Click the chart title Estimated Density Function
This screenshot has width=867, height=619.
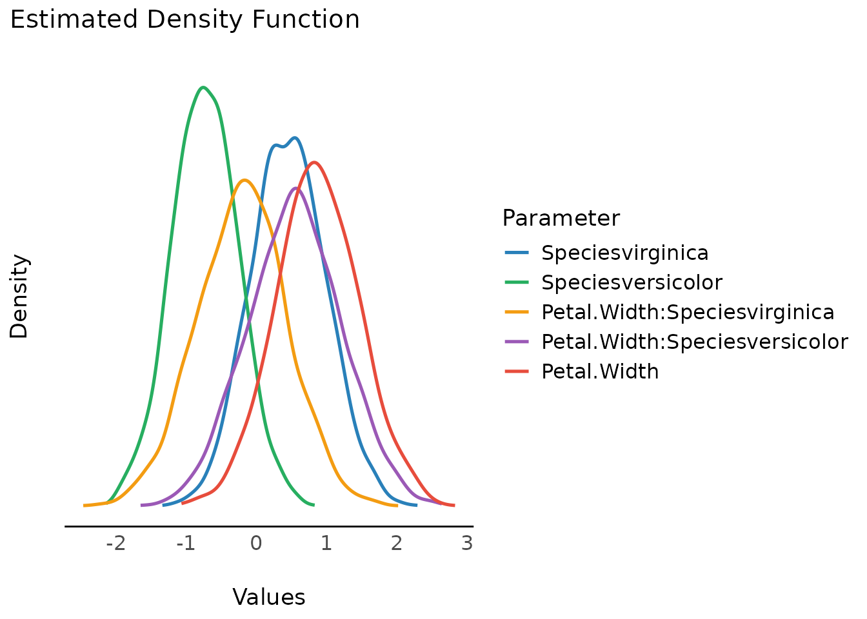[184, 19]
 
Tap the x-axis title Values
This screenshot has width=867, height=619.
[268, 597]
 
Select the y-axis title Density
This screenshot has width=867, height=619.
[19, 297]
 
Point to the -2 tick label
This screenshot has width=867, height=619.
[115, 544]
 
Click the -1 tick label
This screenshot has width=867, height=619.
[186, 544]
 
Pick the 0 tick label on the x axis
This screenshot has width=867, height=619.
[256, 544]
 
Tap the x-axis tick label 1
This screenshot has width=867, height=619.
[326, 544]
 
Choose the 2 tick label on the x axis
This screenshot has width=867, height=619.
[396, 544]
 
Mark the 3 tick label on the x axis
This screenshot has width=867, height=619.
[467, 544]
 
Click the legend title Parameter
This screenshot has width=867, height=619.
[561, 218]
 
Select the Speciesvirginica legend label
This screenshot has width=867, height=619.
[624, 253]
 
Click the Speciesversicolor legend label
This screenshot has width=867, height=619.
[632, 282]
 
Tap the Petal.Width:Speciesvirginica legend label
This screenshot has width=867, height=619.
[688, 312]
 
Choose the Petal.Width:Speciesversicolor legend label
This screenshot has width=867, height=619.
[694, 342]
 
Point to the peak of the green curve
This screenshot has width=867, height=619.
[203, 87]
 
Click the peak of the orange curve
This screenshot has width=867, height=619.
[244, 180]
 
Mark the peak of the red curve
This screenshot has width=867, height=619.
[314, 162]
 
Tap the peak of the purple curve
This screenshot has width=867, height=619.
[296, 188]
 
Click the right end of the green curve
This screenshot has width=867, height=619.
[314, 505]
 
